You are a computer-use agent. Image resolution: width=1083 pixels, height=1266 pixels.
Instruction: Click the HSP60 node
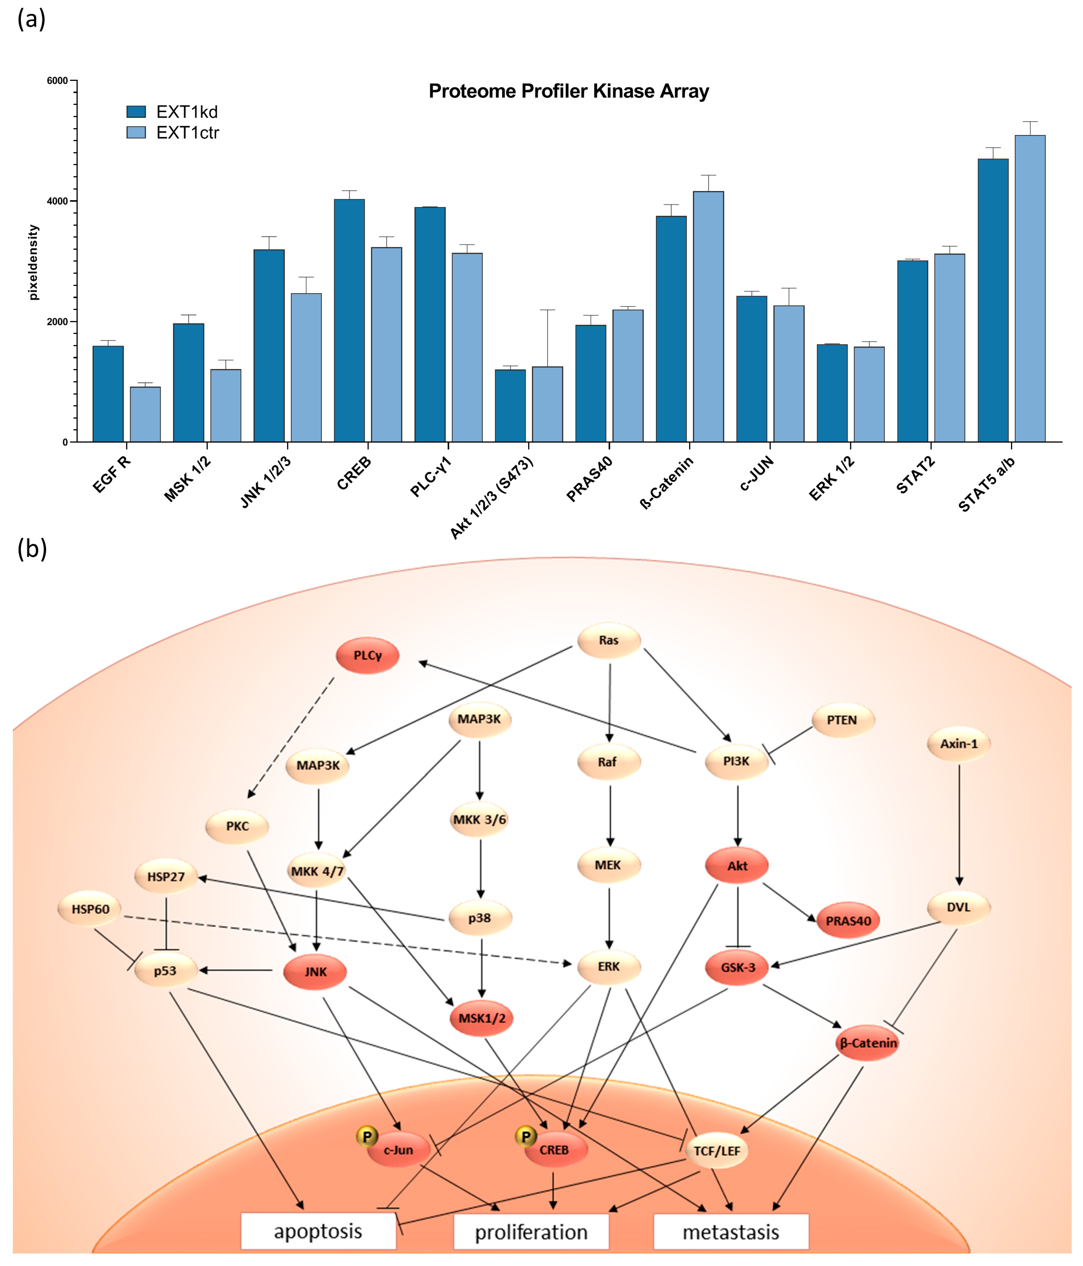tap(90, 909)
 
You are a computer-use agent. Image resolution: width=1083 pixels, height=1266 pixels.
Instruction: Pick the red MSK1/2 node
tap(482, 1018)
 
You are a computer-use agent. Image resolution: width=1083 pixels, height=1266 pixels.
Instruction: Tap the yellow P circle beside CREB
tap(525, 1136)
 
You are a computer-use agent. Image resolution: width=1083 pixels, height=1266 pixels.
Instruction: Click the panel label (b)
tap(32, 549)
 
